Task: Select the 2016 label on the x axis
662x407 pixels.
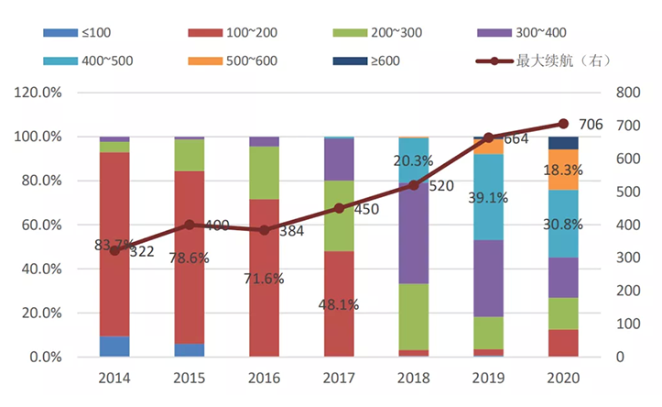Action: click(x=264, y=377)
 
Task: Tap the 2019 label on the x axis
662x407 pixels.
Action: click(x=488, y=377)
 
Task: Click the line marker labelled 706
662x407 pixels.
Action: click(x=563, y=124)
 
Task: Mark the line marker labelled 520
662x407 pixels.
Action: click(x=413, y=185)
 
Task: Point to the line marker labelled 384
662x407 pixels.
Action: click(x=264, y=230)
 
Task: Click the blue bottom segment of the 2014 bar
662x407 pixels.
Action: click(x=114, y=346)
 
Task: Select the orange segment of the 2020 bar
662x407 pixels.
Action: click(x=563, y=170)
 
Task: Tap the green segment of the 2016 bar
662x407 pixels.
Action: click(x=264, y=172)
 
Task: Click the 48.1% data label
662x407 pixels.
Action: click(x=339, y=303)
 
